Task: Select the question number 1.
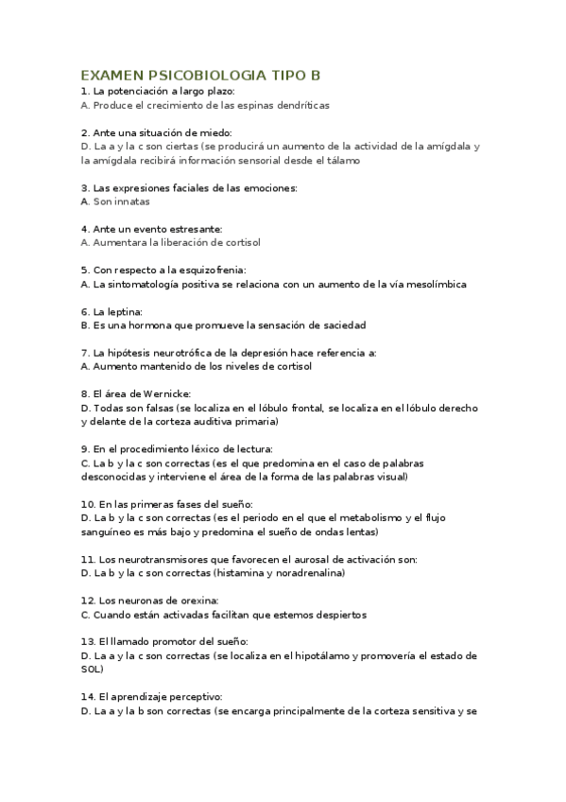click(x=85, y=92)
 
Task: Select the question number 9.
click(x=85, y=449)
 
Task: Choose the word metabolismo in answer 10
click(x=370, y=518)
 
